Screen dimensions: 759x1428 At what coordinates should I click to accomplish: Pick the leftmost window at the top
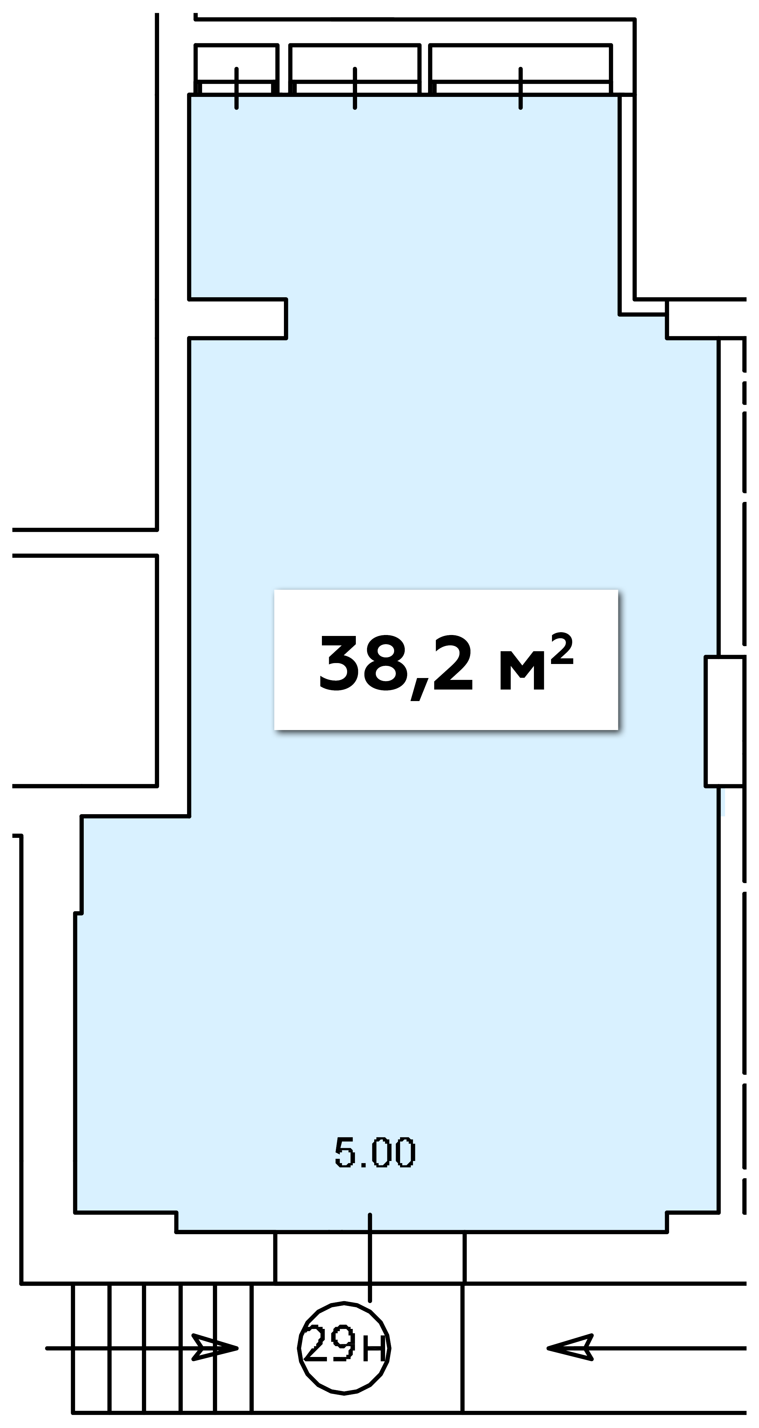[237, 69]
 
